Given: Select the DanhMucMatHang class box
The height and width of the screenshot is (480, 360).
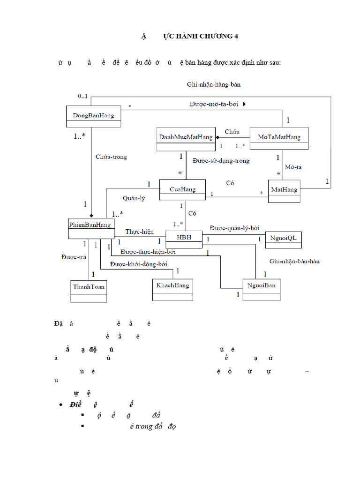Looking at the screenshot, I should [x=185, y=139].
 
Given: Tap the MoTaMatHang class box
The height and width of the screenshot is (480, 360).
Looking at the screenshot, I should [x=279, y=139].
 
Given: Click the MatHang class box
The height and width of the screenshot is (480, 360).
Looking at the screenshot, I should [x=284, y=192].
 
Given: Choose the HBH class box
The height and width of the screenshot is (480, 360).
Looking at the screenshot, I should [x=184, y=239].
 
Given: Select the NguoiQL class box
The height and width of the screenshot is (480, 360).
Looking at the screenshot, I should [x=284, y=240].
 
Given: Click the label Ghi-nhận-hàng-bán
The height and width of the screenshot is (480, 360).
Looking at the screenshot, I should [x=213, y=84].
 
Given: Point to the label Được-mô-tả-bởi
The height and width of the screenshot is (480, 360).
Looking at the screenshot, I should [x=214, y=104].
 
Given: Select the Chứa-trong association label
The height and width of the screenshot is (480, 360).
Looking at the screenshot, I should [x=111, y=157].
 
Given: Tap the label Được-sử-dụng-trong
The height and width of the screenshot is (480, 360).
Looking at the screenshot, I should [x=221, y=161].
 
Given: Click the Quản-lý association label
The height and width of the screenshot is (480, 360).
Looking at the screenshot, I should [x=134, y=198].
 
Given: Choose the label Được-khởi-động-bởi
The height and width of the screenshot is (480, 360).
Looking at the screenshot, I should [x=138, y=264].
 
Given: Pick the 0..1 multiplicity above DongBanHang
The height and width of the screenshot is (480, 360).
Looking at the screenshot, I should [x=82, y=96].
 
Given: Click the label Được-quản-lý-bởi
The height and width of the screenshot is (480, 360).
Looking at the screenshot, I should [x=234, y=228].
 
